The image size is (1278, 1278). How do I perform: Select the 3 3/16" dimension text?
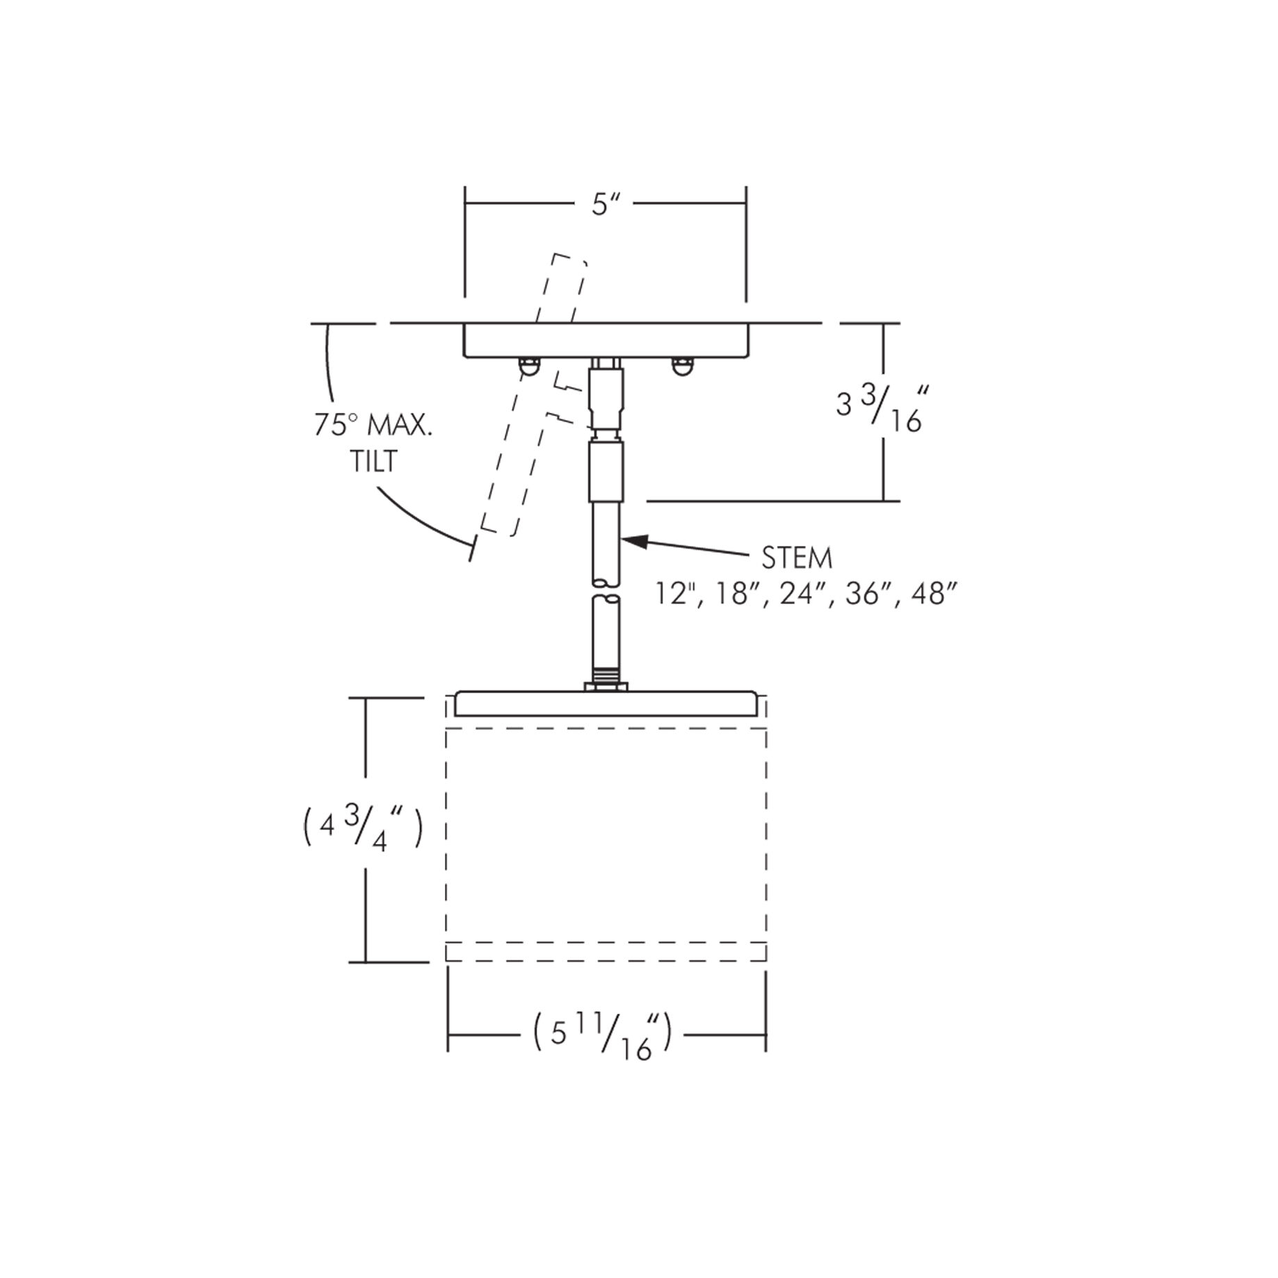click(x=880, y=410)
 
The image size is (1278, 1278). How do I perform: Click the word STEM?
click(x=797, y=558)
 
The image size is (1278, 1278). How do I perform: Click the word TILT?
click(x=374, y=462)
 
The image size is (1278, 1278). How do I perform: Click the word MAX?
click(x=399, y=425)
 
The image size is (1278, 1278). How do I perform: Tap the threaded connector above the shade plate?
click(x=607, y=677)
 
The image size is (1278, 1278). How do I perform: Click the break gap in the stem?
click(x=607, y=590)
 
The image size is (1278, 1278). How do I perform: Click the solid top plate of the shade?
click(x=605, y=704)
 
